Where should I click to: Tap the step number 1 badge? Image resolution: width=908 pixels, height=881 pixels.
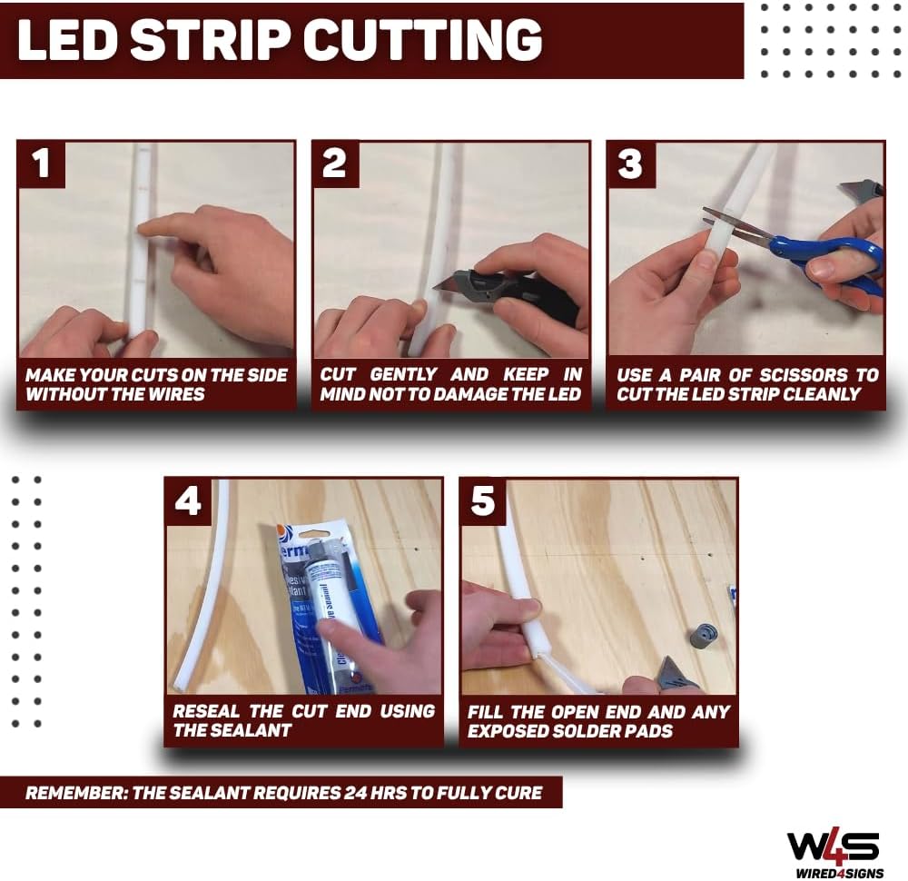[x=41, y=164]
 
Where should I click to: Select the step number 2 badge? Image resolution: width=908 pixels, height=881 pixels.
[x=335, y=164]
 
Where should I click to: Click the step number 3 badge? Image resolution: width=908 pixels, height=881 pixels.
[x=630, y=164]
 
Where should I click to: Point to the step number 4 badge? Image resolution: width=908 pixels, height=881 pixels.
[x=188, y=501]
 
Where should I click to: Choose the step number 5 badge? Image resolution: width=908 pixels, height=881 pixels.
[x=483, y=501]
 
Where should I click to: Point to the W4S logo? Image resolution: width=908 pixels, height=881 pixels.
[x=832, y=845]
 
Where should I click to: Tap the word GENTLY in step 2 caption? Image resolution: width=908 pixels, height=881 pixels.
[x=404, y=375]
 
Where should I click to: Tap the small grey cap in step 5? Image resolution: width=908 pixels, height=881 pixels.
[x=704, y=635]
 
